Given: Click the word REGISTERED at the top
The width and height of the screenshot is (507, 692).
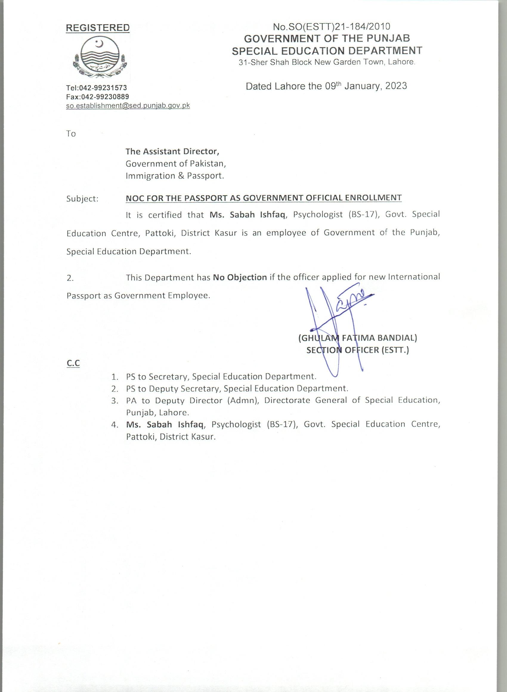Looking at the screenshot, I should pos(98,28).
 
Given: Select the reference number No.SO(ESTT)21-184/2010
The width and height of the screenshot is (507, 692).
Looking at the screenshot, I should pos(331,27).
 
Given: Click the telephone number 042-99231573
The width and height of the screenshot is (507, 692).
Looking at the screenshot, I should pos(103,88).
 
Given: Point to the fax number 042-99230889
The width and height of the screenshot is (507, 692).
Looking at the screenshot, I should pos(105,97).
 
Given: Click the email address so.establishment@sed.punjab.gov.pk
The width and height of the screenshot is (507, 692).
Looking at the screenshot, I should pos(128,106).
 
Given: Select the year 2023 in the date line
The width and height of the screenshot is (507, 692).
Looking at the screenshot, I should pos(396,86).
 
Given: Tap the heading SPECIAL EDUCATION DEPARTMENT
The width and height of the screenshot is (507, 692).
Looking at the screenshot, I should pos(327,51).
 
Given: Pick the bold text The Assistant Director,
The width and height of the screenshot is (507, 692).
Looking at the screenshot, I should pos(172,151).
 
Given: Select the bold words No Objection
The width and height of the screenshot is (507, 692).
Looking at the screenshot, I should pos(240,277).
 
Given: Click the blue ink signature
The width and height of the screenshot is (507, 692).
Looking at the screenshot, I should pos(338,319).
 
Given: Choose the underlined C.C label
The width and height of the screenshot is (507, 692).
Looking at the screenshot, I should pos(73,363).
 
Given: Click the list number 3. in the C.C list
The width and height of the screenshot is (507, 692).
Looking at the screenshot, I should pos(115,401).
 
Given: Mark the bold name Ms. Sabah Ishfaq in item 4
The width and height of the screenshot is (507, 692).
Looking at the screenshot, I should pos(165,425).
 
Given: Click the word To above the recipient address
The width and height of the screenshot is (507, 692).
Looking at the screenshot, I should pos(71,134).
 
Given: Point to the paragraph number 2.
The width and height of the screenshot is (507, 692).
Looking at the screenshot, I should pos(70,278).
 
